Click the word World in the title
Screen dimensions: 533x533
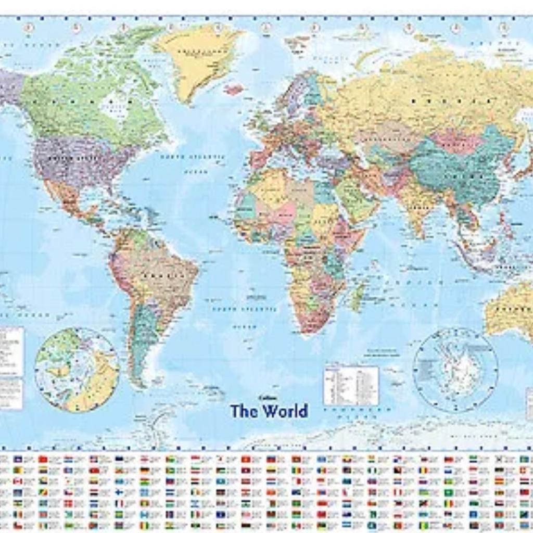[285, 411]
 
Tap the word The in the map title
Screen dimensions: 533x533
[245, 411]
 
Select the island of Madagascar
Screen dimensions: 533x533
[358, 297]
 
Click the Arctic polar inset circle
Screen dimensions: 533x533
[77, 370]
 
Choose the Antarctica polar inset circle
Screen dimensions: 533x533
[455, 370]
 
